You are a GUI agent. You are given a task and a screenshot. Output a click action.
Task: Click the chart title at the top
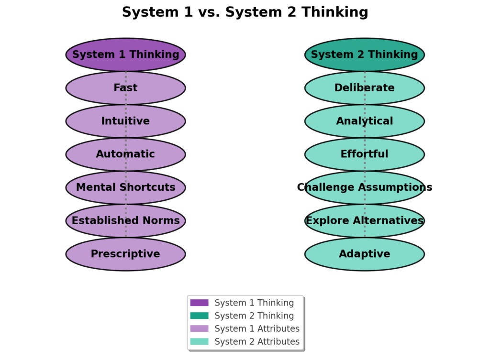(x=245, y=12)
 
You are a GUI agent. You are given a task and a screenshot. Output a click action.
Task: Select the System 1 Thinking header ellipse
(x=125, y=55)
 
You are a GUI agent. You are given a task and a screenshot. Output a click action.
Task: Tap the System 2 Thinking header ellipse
(x=364, y=55)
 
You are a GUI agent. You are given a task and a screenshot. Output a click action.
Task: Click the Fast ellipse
(x=125, y=88)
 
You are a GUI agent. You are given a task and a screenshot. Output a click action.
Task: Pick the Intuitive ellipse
(x=125, y=121)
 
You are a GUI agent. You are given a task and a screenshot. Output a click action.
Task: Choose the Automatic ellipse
(x=125, y=154)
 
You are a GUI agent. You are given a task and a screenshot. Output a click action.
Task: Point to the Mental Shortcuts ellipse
(x=125, y=187)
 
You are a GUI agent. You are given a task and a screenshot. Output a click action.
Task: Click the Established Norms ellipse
(x=125, y=220)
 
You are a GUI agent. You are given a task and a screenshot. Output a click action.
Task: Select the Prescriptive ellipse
(x=125, y=254)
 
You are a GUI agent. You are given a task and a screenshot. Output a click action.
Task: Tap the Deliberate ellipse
(x=364, y=88)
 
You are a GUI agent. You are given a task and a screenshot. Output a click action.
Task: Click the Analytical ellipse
(x=364, y=121)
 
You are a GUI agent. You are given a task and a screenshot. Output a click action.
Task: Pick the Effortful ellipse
(x=364, y=154)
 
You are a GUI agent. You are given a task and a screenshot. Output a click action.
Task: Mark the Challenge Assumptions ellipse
(x=364, y=187)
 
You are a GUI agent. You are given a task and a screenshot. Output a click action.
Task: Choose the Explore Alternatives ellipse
(x=364, y=220)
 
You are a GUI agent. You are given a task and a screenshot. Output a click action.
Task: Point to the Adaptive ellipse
(x=364, y=254)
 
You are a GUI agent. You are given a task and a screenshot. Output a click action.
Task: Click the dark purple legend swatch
(x=199, y=303)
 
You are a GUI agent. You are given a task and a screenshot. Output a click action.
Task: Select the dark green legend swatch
(x=199, y=316)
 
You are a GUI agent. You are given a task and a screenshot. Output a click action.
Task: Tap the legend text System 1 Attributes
(x=257, y=329)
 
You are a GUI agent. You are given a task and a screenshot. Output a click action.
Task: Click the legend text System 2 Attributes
(x=257, y=342)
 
